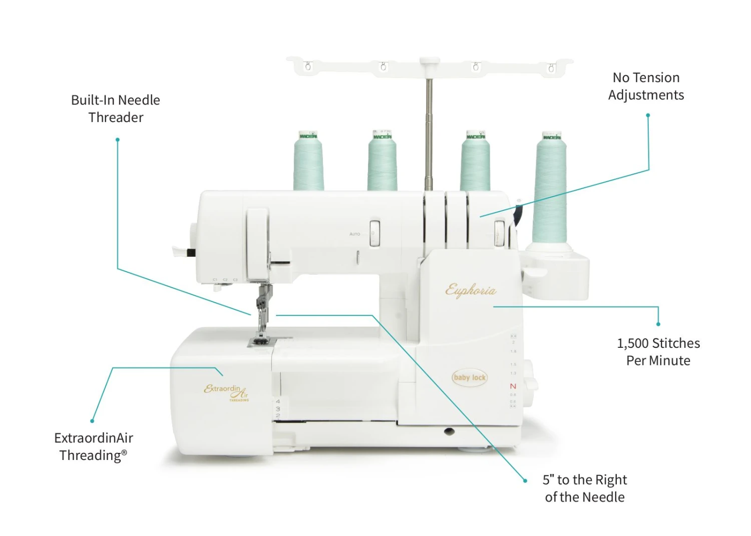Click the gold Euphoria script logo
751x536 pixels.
coord(471,290)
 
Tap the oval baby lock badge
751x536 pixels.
coord(469,377)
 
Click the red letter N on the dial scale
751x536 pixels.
coord(513,386)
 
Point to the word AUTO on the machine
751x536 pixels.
coord(354,234)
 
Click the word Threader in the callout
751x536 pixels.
coord(116,118)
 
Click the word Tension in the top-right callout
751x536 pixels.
coord(656,78)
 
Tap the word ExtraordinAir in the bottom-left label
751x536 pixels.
coord(94,438)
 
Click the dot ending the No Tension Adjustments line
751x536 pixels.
coord(648,116)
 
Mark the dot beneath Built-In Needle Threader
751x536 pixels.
coord(118,140)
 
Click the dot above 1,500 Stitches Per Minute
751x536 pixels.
coord(658,324)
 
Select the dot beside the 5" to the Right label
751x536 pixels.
coord(525,480)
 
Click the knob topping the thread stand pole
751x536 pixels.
coord(429,61)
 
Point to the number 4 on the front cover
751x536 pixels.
coord(278,401)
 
